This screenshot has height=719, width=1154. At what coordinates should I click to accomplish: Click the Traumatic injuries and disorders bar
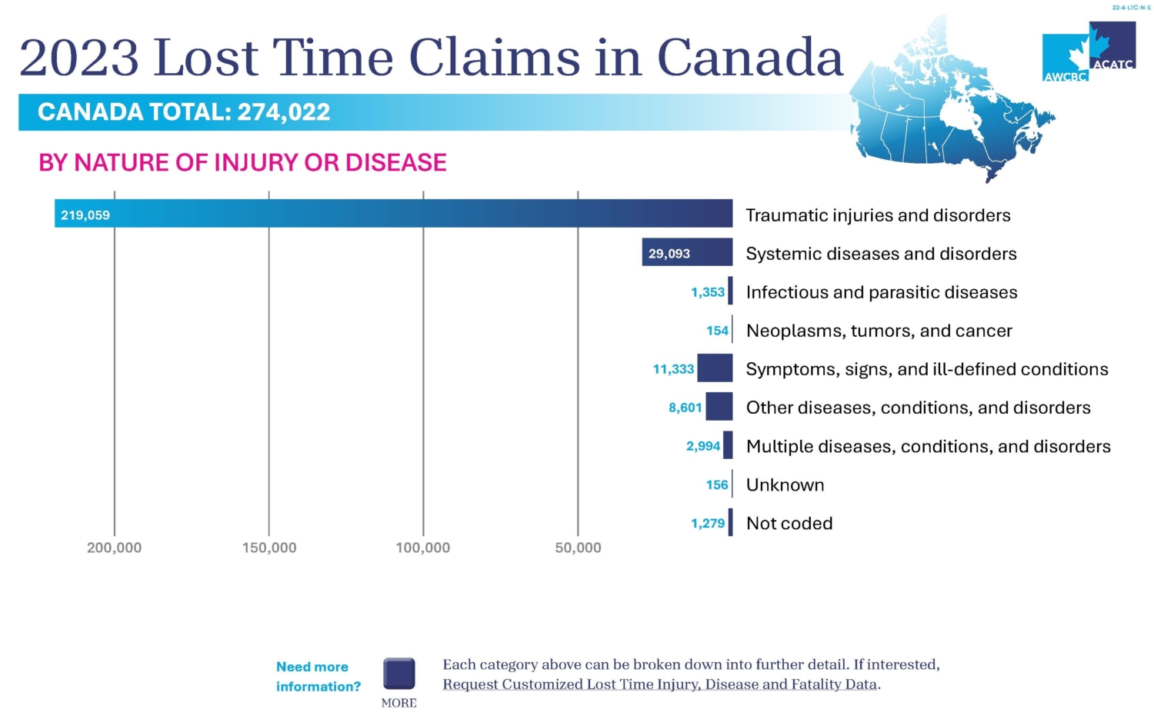393,214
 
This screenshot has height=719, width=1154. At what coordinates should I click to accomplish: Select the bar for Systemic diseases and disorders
687,252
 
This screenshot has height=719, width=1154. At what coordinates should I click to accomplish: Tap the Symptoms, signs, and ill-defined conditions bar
715,368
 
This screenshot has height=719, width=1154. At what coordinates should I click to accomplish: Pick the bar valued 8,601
719,407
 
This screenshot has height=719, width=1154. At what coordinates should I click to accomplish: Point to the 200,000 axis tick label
114,548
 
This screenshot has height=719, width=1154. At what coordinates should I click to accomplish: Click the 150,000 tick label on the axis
268,548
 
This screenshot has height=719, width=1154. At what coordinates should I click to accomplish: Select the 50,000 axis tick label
578,548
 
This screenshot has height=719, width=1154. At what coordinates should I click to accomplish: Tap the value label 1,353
707,292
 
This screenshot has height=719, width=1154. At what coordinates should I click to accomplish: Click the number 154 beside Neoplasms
717,331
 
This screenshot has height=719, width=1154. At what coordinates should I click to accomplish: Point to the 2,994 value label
702,446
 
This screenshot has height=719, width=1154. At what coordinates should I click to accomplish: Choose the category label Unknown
785,485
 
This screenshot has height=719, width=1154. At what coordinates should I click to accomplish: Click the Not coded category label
789,524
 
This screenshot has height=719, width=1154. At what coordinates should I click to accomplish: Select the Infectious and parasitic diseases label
882,292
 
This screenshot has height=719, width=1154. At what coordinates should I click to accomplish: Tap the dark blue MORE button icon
399,674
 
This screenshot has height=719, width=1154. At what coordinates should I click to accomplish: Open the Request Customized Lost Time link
660,684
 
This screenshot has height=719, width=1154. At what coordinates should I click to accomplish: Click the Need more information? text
318,677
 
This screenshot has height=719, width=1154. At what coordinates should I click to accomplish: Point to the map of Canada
954,115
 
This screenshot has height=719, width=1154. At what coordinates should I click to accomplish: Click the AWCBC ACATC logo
1089,52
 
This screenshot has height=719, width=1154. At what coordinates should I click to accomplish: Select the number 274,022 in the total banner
283,112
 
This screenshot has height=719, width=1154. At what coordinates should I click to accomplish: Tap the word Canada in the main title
750,58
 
